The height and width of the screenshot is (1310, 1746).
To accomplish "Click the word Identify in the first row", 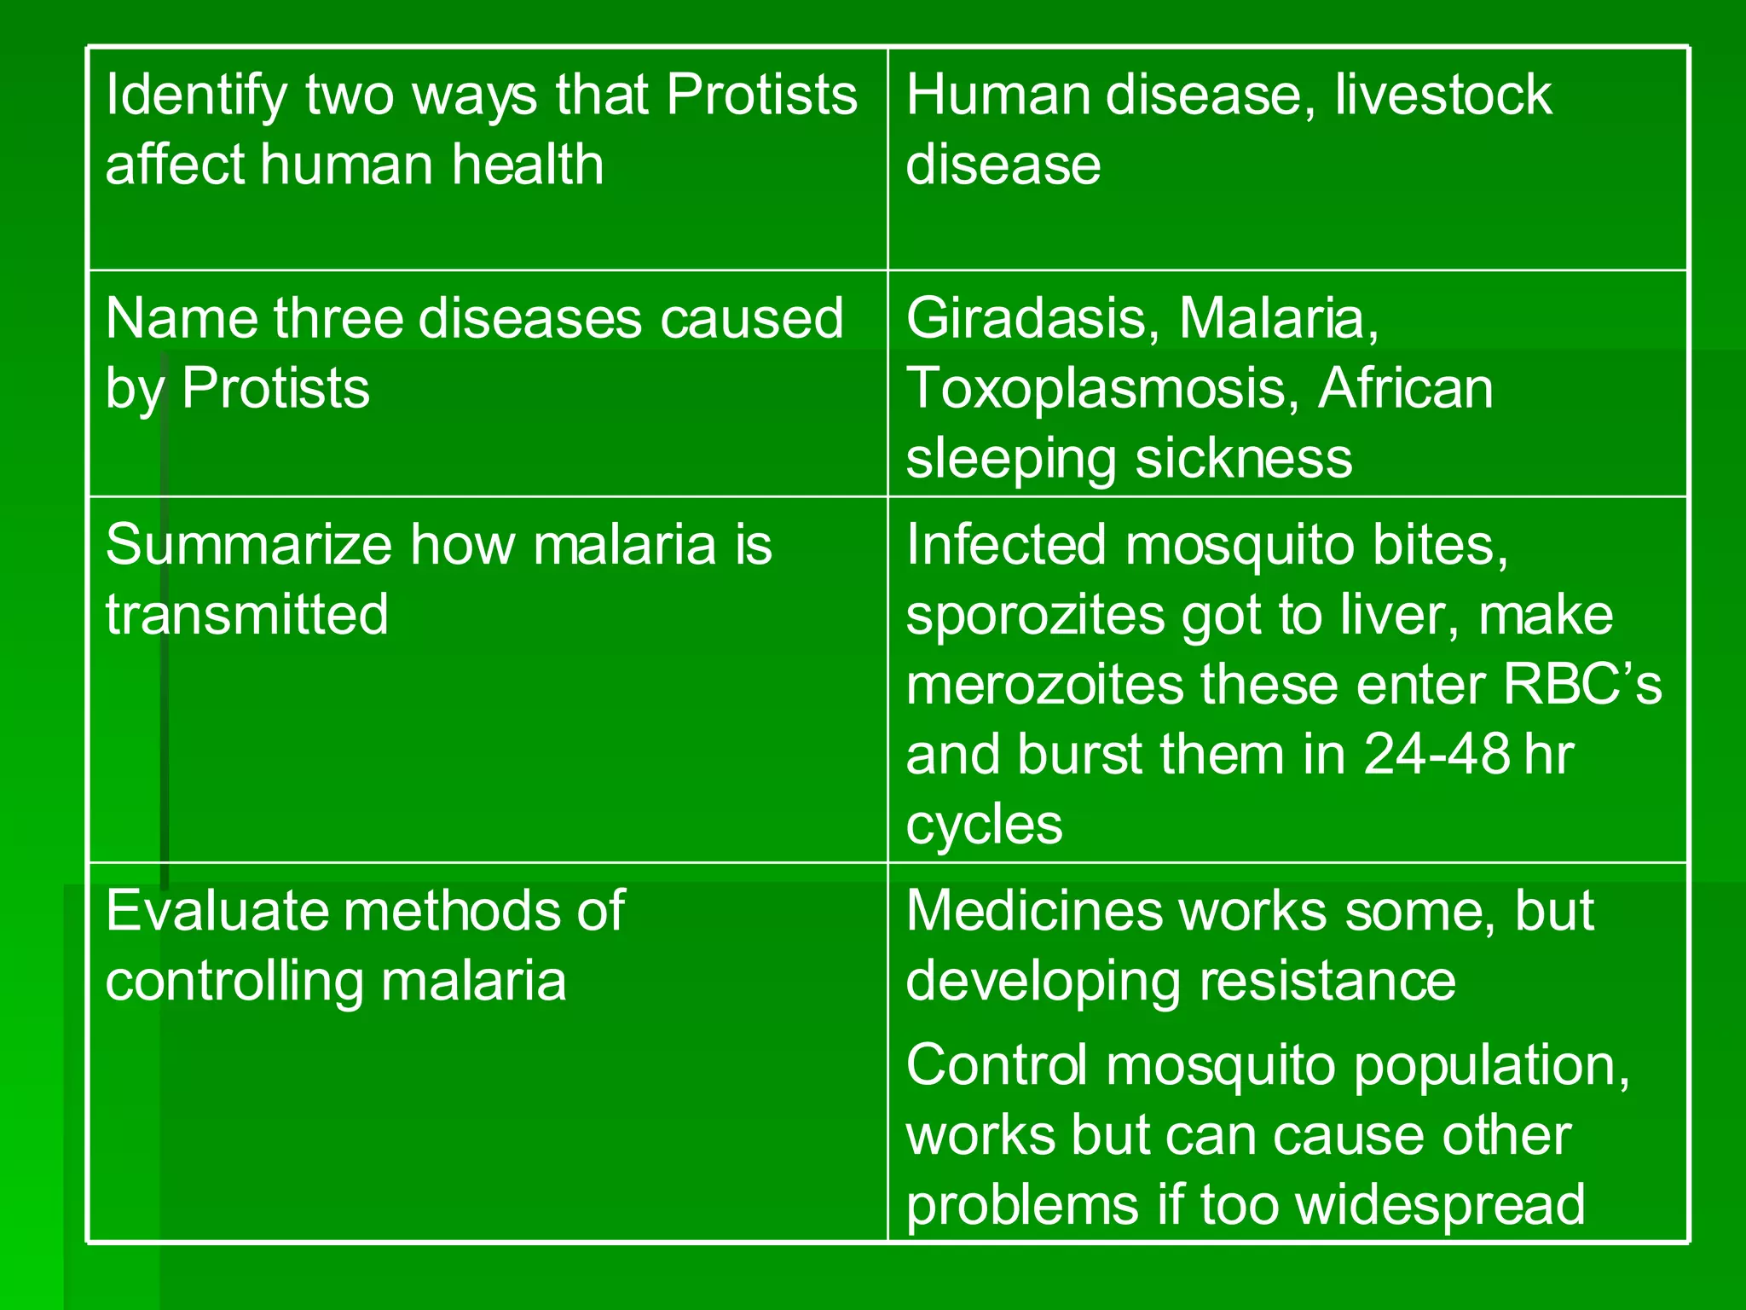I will tap(196, 96).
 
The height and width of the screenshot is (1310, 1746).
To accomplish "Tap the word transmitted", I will tap(246, 615).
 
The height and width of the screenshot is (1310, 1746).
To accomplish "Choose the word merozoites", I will tap(1044, 686).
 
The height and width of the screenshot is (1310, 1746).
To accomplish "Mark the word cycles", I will tap(984, 826).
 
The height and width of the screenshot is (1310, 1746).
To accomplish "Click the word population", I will tap(1491, 1067).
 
